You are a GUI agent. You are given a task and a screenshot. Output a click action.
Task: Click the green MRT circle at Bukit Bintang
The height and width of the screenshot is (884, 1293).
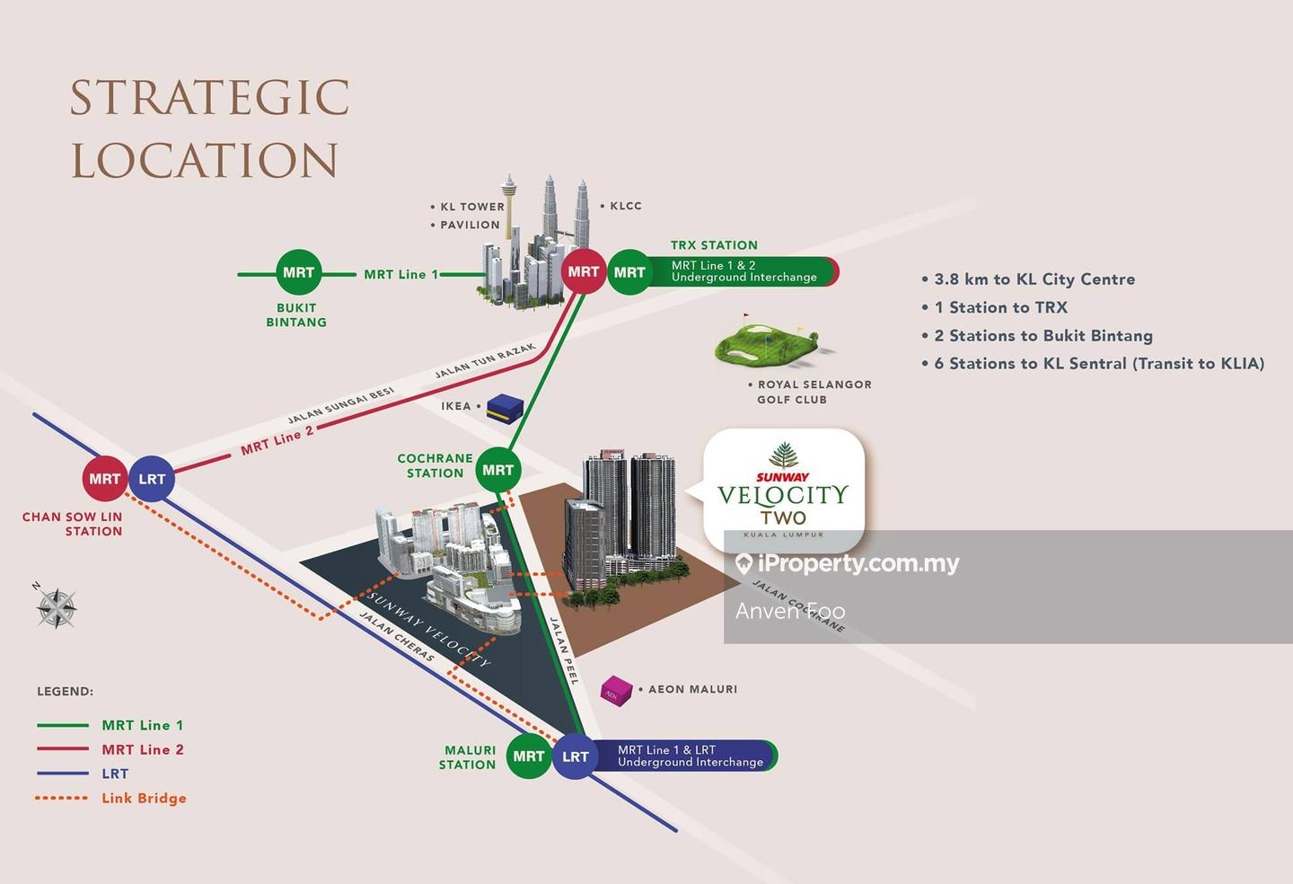(x=298, y=272)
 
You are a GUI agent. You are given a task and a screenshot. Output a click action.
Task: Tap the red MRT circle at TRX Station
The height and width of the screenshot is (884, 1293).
(x=584, y=271)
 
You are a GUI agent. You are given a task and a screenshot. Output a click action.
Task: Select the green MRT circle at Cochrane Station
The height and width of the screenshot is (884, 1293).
(x=498, y=470)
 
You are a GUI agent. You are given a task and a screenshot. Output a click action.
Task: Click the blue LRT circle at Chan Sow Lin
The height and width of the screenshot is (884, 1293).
(x=152, y=479)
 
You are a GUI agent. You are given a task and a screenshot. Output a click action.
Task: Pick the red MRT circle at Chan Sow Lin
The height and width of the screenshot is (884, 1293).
(x=105, y=479)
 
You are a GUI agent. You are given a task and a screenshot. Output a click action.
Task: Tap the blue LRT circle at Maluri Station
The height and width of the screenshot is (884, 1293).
(x=576, y=756)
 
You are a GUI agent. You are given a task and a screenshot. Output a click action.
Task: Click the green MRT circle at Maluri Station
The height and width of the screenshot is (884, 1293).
(x=529, y=756)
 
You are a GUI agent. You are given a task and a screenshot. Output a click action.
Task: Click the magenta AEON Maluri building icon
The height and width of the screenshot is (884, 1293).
(x=617, y=690)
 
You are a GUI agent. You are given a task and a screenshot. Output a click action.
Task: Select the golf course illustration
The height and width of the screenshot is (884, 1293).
(x=768, y=342)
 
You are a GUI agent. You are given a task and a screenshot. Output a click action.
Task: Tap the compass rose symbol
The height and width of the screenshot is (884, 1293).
(x=57, y=608)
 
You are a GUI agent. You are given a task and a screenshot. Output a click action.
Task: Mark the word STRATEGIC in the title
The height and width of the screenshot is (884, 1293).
(x=210, y=98)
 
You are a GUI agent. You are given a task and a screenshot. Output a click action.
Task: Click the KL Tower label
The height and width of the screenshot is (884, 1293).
(x=471, y=207)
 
